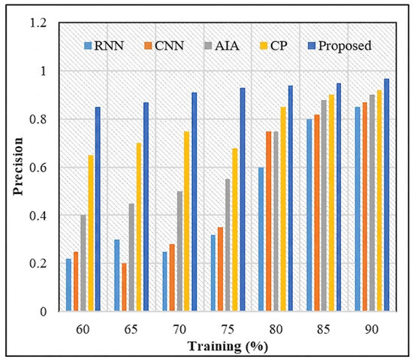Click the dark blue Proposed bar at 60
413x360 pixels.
tap(98, 209)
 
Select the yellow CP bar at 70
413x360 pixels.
tap(186, 221)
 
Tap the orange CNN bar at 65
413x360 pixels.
tap(124, 287)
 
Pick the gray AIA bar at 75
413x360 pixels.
tap(228, 245)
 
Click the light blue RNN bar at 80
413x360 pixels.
tap(261, 239)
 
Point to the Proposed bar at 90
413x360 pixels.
tap(387, 195)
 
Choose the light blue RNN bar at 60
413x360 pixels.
tap(68, 285)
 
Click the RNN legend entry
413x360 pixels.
tap(104, 46)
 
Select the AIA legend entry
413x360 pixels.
tap(222, 46)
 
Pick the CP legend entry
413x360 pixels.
tap(273, 46)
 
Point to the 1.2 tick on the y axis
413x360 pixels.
tap(38, 23)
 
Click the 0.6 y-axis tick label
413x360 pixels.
tap(38, 168)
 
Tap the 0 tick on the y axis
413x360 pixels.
tap(44, 311)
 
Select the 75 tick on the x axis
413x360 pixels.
tap(228, 329)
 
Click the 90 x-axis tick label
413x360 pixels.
tap(372, 329)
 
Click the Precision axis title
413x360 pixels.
tap(19, 167)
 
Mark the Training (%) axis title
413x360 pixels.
tap(228, 346)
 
